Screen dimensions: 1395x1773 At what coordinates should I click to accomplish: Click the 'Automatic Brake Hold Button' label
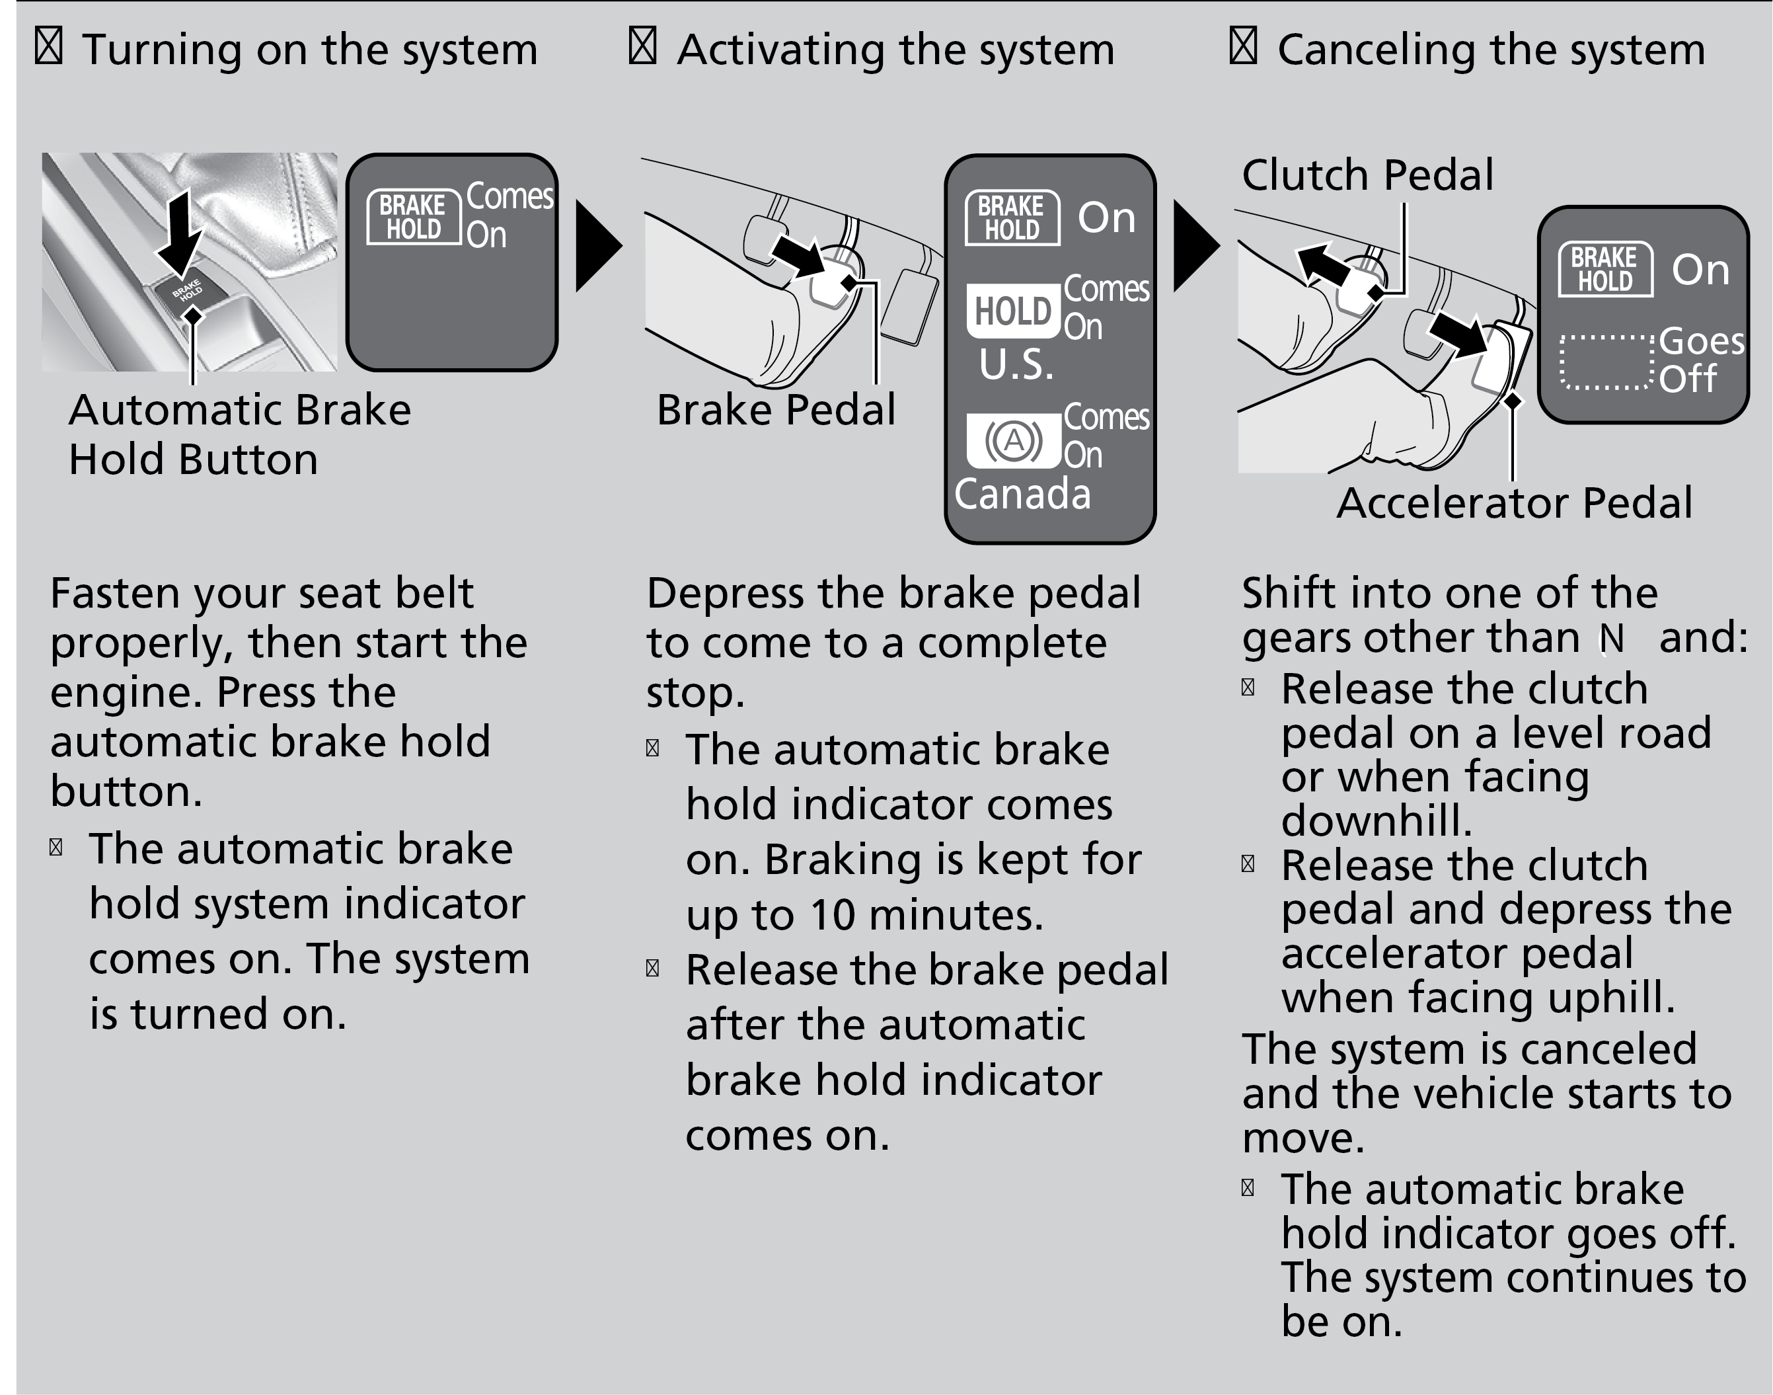[x=239, y=434]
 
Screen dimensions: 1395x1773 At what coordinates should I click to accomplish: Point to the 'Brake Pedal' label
[x=776, y=410]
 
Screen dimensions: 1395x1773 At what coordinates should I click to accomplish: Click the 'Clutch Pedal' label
[x=1367, y=175]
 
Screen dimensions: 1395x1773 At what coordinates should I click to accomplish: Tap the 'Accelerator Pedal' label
[x=1514, y=503]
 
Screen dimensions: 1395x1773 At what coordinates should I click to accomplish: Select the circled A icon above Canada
[x=1013, y=441]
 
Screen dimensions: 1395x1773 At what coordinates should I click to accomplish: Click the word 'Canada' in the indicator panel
[x=1022, y=494]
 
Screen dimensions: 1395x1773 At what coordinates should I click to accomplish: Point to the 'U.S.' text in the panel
[x=1016, y=365]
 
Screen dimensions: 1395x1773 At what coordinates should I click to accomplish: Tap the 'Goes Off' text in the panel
[x=1701, y=360]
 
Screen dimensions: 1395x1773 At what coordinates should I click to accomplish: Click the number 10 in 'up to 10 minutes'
[x=833, y=915]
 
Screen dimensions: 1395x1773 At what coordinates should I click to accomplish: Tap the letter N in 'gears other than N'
[x=1610, y=639]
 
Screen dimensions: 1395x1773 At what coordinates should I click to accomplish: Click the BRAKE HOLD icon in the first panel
[x=414, y=216]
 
